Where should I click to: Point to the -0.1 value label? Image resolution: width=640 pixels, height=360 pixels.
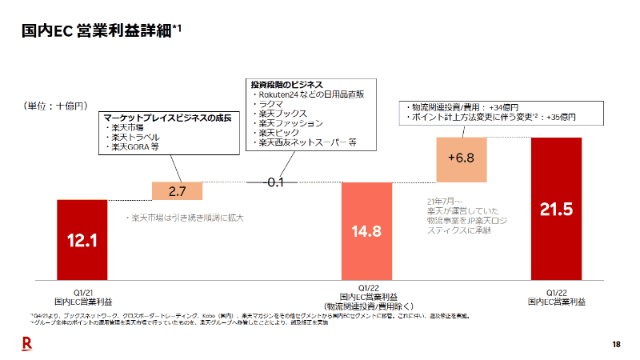[273, 182]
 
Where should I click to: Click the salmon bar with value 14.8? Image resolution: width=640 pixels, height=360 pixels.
[366, 231]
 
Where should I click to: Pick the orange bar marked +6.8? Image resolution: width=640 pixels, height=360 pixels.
[461, 158]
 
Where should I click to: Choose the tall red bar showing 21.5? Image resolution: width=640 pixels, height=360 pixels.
[556, 209]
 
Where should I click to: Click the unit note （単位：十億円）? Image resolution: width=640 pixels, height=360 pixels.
[55, 106]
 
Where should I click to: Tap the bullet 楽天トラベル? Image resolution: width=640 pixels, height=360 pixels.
[136, 138]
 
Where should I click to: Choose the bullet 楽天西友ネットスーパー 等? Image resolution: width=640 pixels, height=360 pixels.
[307, 142]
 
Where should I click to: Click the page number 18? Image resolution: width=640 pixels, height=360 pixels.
[616, 344]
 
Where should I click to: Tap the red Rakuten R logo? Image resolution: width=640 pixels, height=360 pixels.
[26, 343]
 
